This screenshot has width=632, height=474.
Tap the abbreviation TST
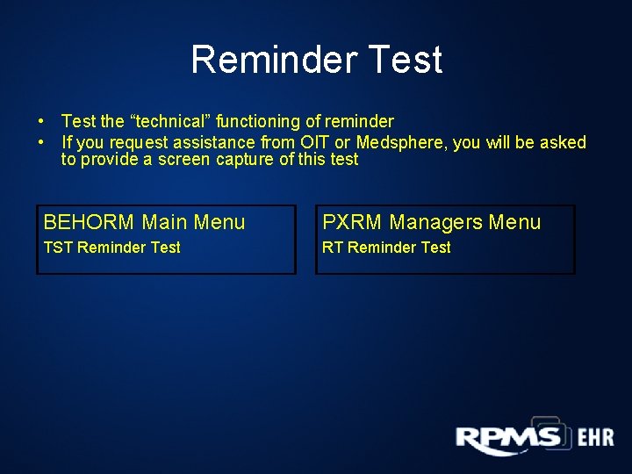point(58,248)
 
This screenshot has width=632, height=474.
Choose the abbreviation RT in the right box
point(332,248)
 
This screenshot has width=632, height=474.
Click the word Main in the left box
point(164,223)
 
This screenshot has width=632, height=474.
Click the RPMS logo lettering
point(507,438)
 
